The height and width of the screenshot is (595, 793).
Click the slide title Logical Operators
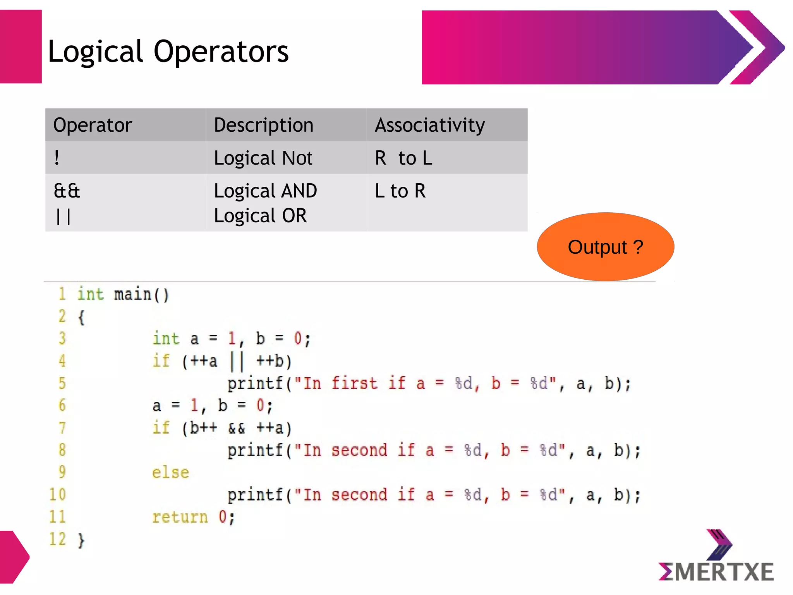tap(168, 52)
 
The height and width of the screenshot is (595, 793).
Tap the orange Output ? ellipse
tap(605, 247)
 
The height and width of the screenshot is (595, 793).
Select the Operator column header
tap(93, 125)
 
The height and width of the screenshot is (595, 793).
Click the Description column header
tap(263, 125)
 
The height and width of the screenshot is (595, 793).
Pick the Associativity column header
tap(429, 125)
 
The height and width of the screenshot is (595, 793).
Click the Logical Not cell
tap(263, 158)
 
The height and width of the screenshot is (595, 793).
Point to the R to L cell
tap(403, 158)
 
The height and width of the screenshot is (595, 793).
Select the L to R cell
tap(400, 191)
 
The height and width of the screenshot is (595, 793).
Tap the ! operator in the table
tap(57, 158)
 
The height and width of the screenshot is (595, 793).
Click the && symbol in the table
tap(67, 191)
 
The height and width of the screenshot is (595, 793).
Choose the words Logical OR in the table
tap(260, 216)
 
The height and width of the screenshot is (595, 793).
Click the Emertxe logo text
tap(716, 572)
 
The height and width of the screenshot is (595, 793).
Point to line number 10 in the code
tap(58, 495)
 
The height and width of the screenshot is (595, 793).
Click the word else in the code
tap(170, 473)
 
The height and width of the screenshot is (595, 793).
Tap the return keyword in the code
tap(180, 517)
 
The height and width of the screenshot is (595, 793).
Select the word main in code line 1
tap(132, 294)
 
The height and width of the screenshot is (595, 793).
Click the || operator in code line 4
tap(237, 361)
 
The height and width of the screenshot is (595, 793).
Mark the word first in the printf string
tap(354, 383)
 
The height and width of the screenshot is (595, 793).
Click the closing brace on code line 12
tap(81, 540)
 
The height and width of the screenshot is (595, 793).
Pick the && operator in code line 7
tap(236, 428)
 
